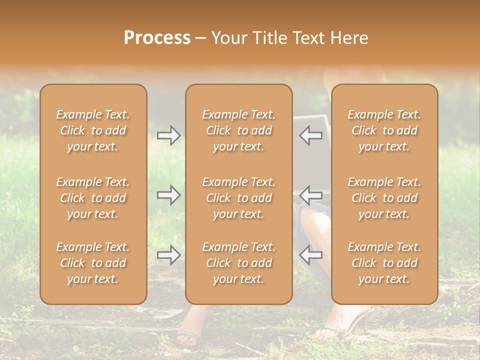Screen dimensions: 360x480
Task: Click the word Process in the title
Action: [157, 38]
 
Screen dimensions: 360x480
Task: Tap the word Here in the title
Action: [348, 38]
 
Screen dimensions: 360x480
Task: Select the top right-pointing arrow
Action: [169, 135]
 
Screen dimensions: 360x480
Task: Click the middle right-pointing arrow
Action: [169, 195]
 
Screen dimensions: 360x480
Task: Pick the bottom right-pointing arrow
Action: [169, 255]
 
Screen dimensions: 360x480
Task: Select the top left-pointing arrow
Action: [310, 135]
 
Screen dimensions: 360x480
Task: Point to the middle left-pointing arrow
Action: [310, 195]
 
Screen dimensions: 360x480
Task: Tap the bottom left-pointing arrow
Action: [310, 255]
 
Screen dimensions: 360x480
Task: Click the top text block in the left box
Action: [93, 130]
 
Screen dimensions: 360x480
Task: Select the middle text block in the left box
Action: [93, 198]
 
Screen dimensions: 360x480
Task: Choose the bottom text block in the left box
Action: [93, 263]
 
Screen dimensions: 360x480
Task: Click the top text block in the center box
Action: [238, 130]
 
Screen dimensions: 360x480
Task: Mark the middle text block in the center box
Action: [238, 198]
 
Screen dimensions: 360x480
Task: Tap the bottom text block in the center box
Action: [238, 263]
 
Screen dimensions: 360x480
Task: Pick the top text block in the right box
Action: [384, 130]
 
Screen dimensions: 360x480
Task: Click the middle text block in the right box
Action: [384, 198]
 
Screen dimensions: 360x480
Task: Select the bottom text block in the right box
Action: [384, 263]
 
